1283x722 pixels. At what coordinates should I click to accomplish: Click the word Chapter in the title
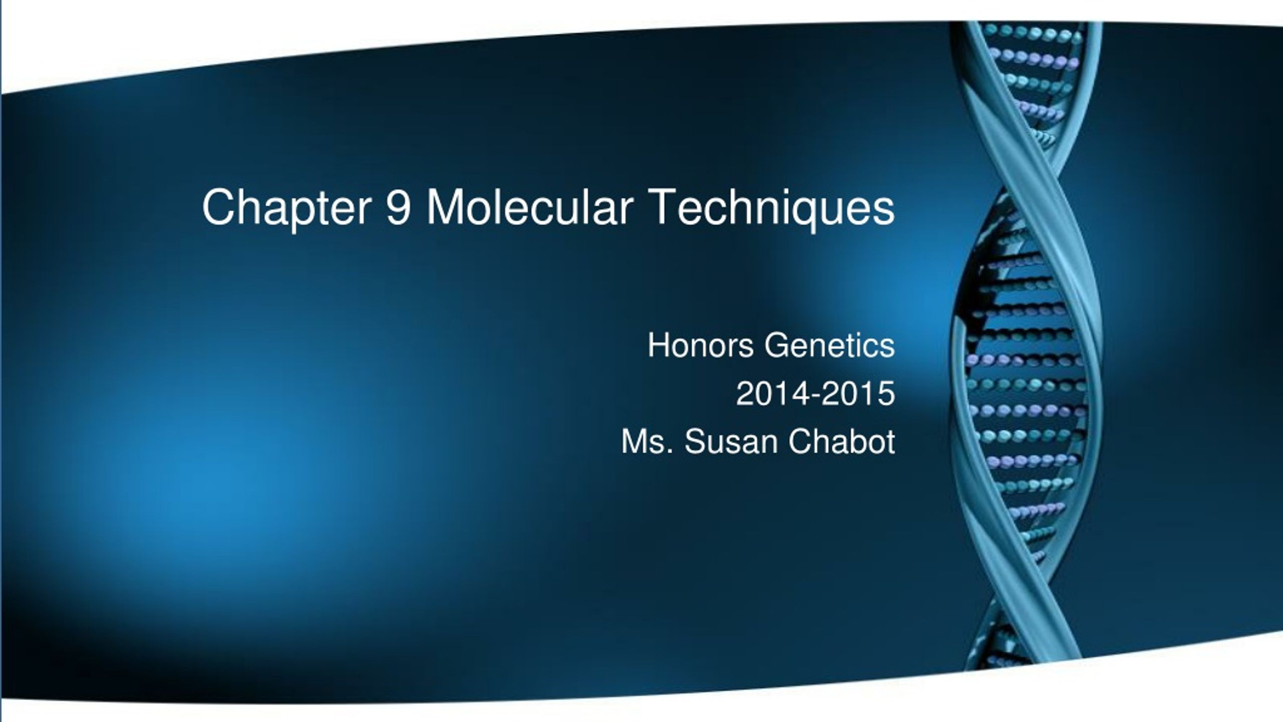pyautogui.click(x=286, y=207)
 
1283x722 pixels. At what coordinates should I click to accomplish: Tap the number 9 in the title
pyautogui.click(x=399, y=207)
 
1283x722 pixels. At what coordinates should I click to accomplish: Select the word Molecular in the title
pyautogui.click(x=529, y=207)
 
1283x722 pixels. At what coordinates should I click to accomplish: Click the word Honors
pyautogui.click(x=701, y=345)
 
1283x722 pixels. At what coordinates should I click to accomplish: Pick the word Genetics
pyautogui.click(x=829, y=345)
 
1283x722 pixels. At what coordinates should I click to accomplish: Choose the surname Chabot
pyautogui.click(x=841, y=442)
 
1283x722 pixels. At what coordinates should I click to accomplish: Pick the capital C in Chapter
pyautogui.click(x=219, y=207)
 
